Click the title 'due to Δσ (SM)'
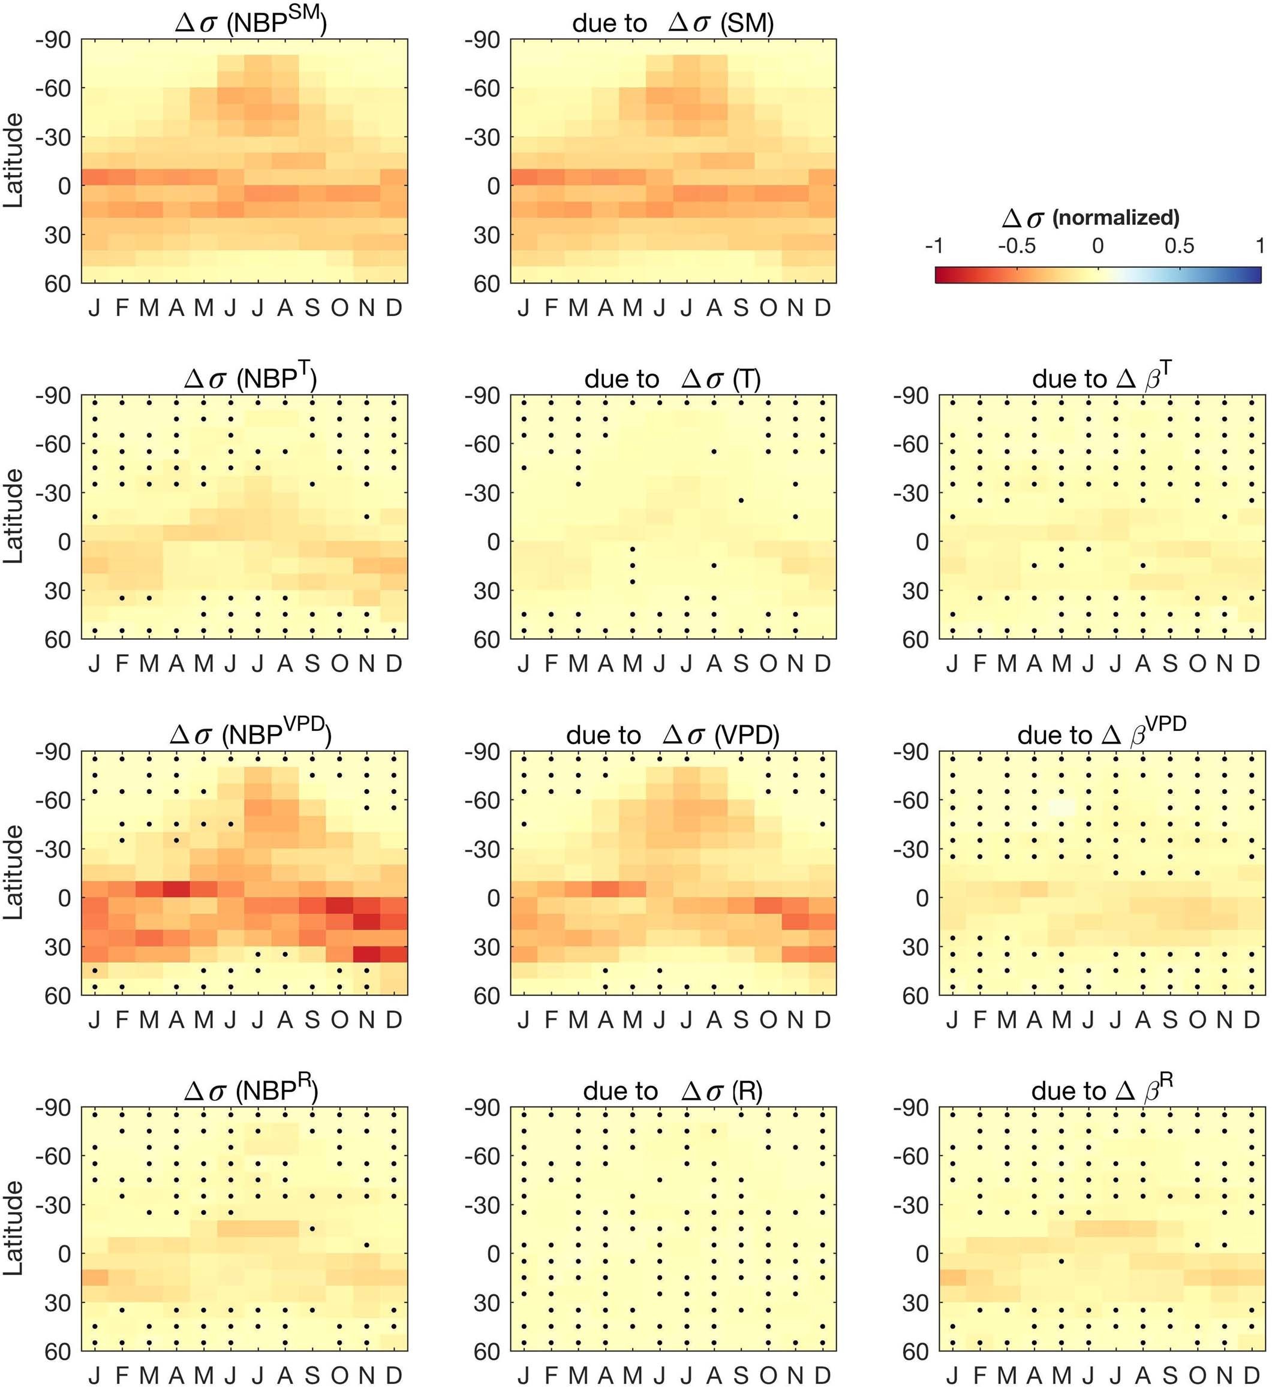click(x=672, y=23)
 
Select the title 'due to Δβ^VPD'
click(x=1101, y=735)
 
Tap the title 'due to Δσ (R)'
click(x=672, y=1091)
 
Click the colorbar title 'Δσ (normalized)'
click(x=1090, y=218)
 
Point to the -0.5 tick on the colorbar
click(x=1017, y=246)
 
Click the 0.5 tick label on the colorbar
click(x=1179, y=246)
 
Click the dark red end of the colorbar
click(x=940, y=275)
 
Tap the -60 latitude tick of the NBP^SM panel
click(x=54, y=88)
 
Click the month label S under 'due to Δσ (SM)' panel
click(x=741, y=308)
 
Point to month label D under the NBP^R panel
click(x=393, y=1375)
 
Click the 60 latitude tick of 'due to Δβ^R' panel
click(x=915, y=1351)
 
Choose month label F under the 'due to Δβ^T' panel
click(x=979, y=664)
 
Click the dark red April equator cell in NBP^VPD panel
click(x=176, y=889)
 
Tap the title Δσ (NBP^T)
click(x=251, y=378)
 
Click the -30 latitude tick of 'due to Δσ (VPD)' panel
click(x=483, y=849)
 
